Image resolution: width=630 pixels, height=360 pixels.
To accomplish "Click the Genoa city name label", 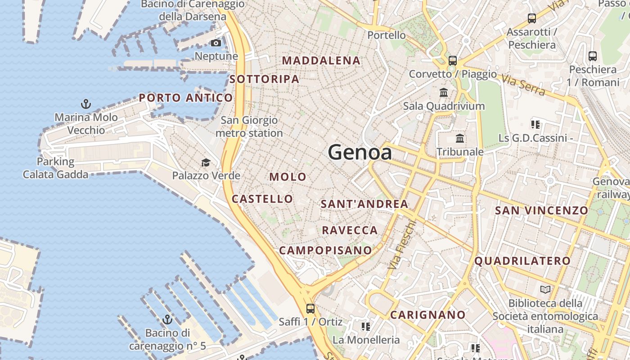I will pyautogui.click(x=360, y=153).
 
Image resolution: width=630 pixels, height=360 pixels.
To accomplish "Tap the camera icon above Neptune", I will pyautogui.click(x=216, y=43).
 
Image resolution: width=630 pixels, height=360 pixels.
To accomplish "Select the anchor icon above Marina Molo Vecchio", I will pyautogui.click(x=85, y=104).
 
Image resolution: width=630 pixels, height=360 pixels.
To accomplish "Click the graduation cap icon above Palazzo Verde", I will pyautogui.click(x=206, y=162).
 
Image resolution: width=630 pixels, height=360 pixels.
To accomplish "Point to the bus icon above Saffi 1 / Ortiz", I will pyautogui.click(x=310, y=308).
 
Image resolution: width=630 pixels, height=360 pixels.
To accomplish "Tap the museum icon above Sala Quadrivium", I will pyautogui.click(x=444, y=92).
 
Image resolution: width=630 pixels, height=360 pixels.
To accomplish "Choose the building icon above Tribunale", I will pyautogui.click(x=460, y=138).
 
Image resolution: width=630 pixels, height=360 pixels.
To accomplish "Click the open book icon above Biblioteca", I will pyautogui.click(x=545, y=289).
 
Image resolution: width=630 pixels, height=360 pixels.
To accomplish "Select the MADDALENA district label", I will pyautogui.click(x=321, y=60).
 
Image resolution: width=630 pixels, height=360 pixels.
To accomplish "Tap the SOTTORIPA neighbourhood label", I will pyautogui.click(x=264, y=79).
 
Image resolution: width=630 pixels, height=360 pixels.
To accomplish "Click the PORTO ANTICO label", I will pyautogui.click(x=186, y=98).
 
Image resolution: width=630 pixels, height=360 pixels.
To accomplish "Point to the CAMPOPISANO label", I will pyautogui.click(x=326, y=250).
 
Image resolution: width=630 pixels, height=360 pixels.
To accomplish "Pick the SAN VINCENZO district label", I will pyautogui.click(x=541, y=210).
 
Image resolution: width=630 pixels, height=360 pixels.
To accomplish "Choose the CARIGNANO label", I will pyautogui.click(x=427, y=315).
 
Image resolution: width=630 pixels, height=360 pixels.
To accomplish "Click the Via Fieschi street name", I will pyautogui.click(x=401, y=245).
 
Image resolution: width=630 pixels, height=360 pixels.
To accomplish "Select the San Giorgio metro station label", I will pyautogui.click(x=249, y=126).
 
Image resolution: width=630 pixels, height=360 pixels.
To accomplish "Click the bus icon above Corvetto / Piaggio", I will pyautogui.click(x=453, y=60).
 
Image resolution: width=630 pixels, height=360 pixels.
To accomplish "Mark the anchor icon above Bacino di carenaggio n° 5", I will pyautogui.click(x=167, y=319).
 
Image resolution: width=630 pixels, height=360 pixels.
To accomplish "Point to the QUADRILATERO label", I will pyautogui.click(x=522, y=261).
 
